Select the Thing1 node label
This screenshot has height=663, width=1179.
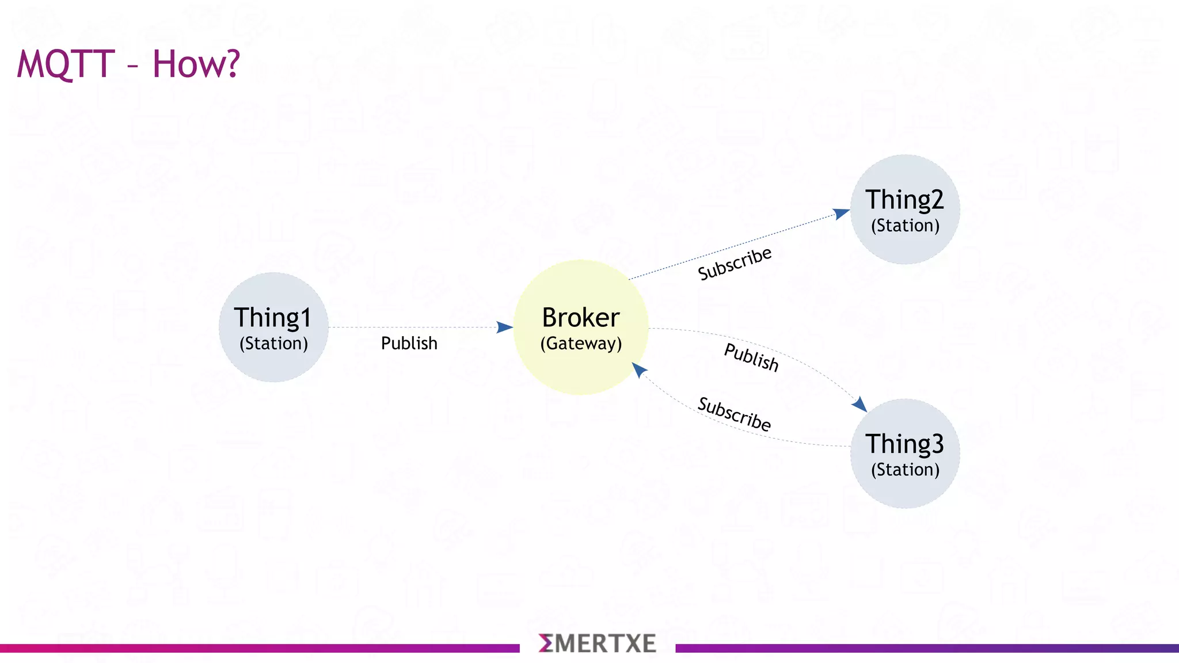pos(273,318)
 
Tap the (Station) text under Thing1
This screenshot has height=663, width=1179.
pos(273,344)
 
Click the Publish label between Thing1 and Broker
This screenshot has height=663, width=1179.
pos(409,343)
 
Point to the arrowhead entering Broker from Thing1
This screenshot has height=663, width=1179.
pos(504,327)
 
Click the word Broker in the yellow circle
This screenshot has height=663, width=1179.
pos(581,318)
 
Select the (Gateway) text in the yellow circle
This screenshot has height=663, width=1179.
pos(581,344)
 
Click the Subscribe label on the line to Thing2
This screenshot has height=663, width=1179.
pos(735,264)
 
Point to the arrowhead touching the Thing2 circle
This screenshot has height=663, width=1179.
pos(841,214)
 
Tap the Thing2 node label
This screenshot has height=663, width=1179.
pos(904,200)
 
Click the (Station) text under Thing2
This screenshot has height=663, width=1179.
pos(905,226)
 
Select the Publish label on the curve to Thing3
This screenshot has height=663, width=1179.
pos(751,357)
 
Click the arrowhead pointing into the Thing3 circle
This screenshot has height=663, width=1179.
pos(859,404)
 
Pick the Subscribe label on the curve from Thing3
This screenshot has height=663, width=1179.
pos(734,414)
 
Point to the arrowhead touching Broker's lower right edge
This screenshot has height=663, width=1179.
pos(639,369)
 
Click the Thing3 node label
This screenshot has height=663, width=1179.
pos(904,444)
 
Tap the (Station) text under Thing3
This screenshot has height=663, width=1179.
pos(905,470)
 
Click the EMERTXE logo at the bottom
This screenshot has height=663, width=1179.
pos(598,643)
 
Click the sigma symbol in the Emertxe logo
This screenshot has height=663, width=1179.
pos(546,643)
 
